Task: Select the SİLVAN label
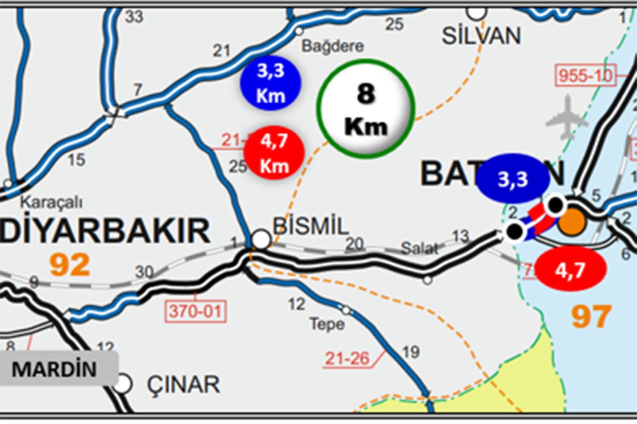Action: click(482, 36)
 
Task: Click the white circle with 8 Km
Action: click(365, 109)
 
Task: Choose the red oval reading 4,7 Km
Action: click(274, 154)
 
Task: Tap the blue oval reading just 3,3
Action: click(512, 180)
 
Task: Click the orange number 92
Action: click(70, 265)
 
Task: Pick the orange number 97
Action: click(591, 316)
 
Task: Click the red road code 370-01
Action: click(196, 310)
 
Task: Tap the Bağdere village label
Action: click(333, 47)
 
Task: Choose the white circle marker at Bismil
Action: click(261, 239)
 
